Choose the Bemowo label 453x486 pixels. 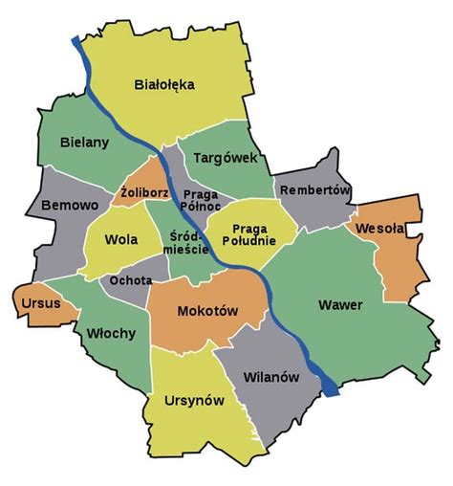64,206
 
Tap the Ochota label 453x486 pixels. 127,280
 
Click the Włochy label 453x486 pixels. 111,333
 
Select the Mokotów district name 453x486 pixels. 206,311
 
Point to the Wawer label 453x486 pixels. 341,305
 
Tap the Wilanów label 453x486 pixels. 271,377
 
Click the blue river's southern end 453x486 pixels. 332,389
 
